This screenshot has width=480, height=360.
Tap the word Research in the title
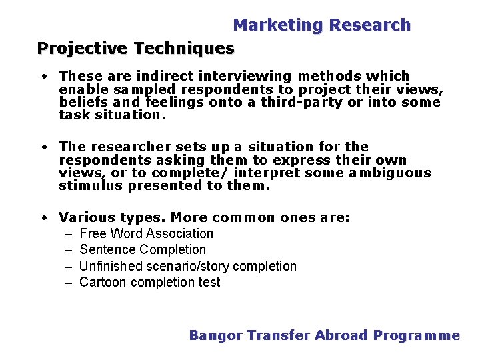point(370,25)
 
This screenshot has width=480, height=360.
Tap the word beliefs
point(79,102)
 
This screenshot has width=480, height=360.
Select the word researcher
point(128,146)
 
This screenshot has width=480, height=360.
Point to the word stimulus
point(91,186)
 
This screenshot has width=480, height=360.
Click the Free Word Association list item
point(146,233)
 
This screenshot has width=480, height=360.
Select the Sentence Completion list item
point(143,249)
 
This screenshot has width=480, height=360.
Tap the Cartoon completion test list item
point(149,282)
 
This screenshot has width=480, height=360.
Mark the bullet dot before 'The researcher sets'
point(43,147)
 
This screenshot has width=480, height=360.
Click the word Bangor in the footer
point(215,335)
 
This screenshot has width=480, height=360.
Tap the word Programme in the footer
point(416,335)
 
